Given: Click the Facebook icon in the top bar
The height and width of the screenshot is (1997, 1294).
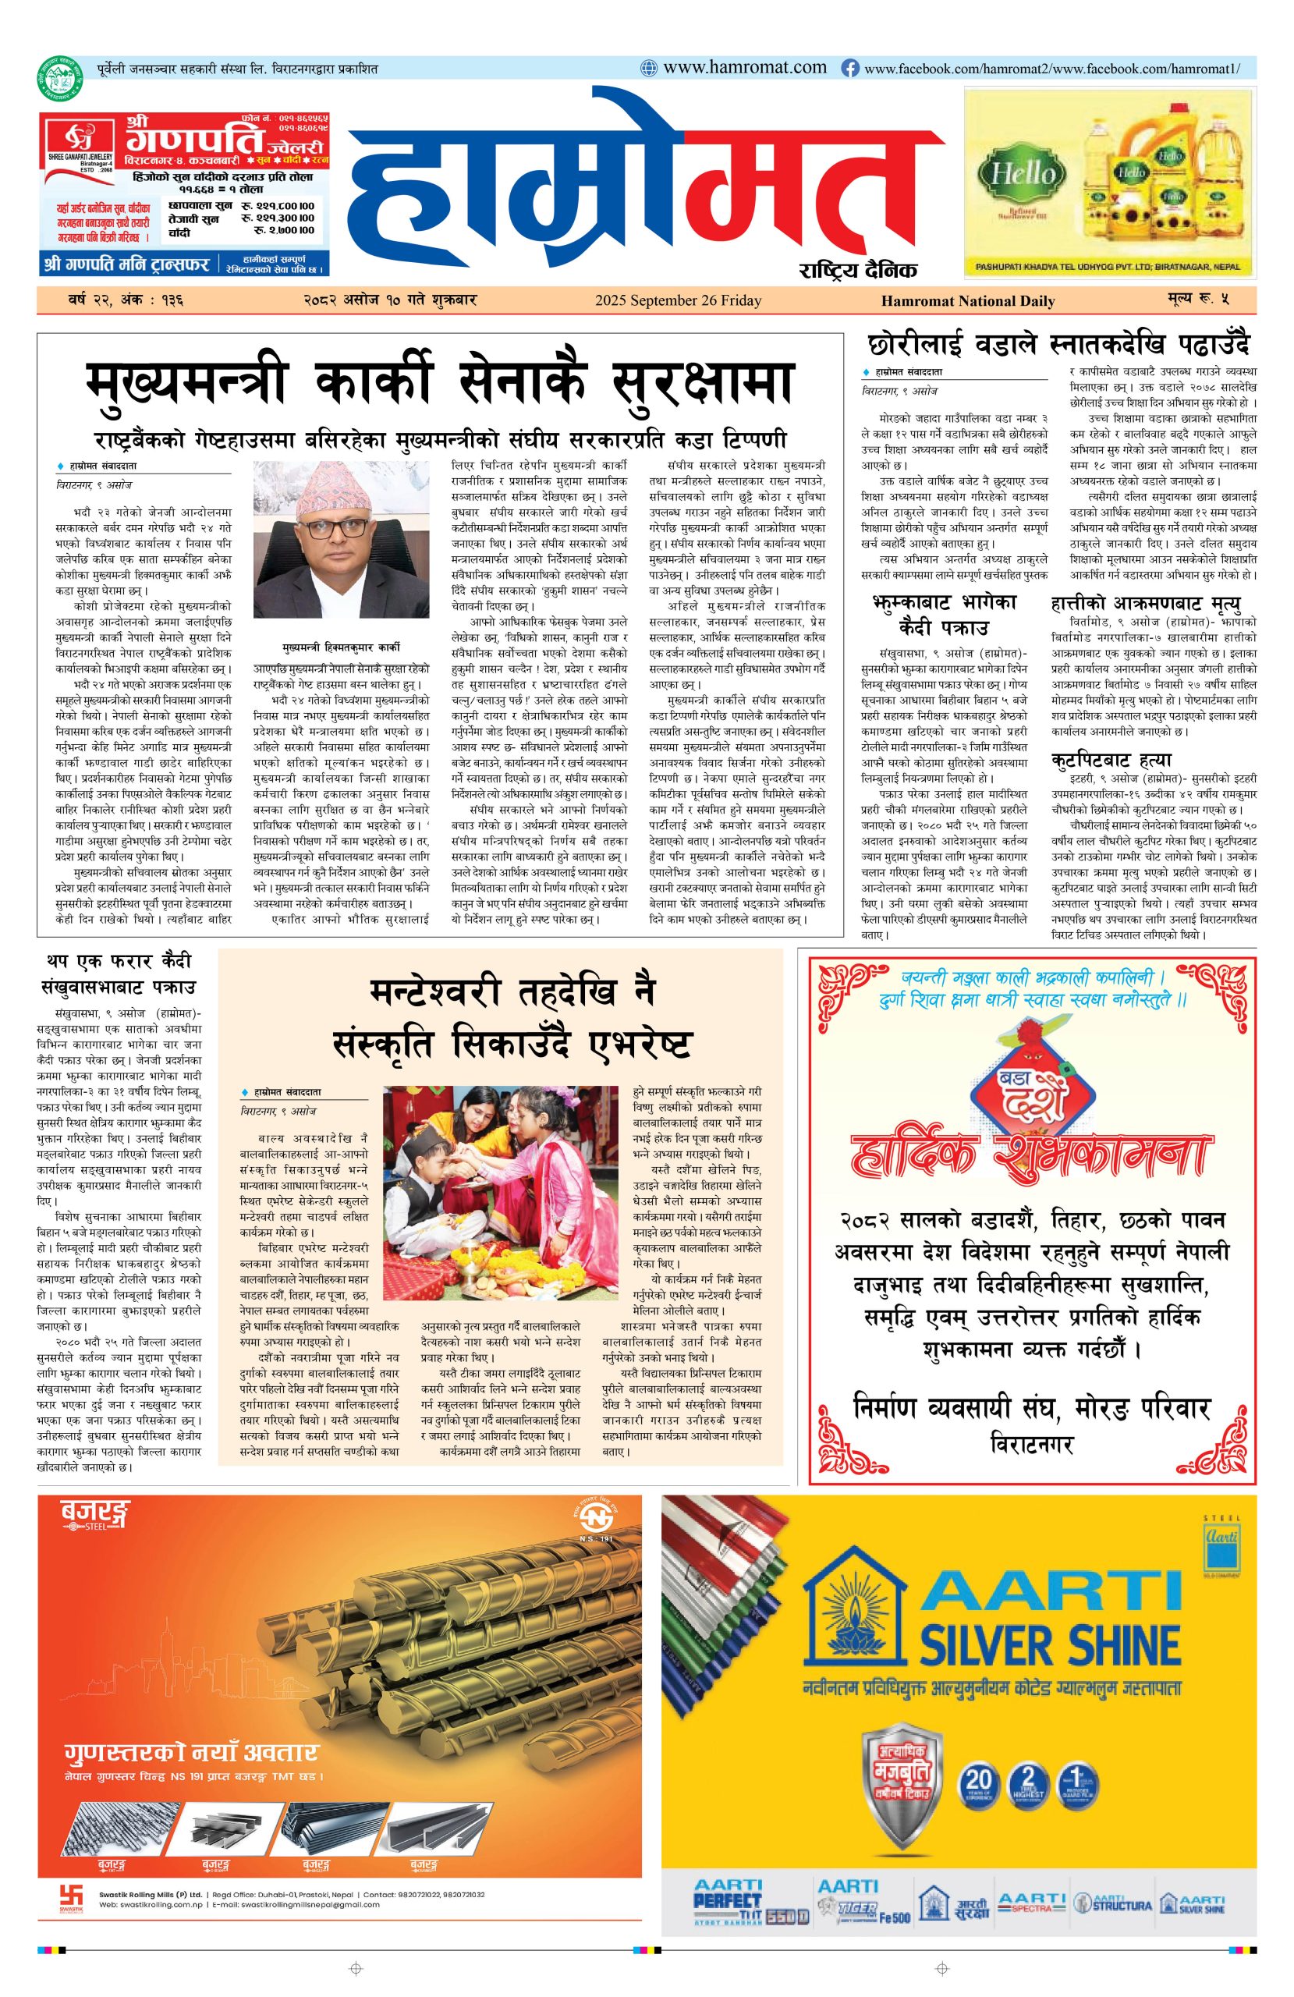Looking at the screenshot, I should coord(850,68).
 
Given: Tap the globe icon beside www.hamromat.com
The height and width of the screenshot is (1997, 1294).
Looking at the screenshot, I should coord(649,68).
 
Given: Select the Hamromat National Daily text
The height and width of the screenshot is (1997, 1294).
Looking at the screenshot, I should coord(967,300).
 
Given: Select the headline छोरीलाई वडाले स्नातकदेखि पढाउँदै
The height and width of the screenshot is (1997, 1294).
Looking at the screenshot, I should coord(1058,344).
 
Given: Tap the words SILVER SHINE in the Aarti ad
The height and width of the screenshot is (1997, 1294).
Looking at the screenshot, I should coord(1050,1645).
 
